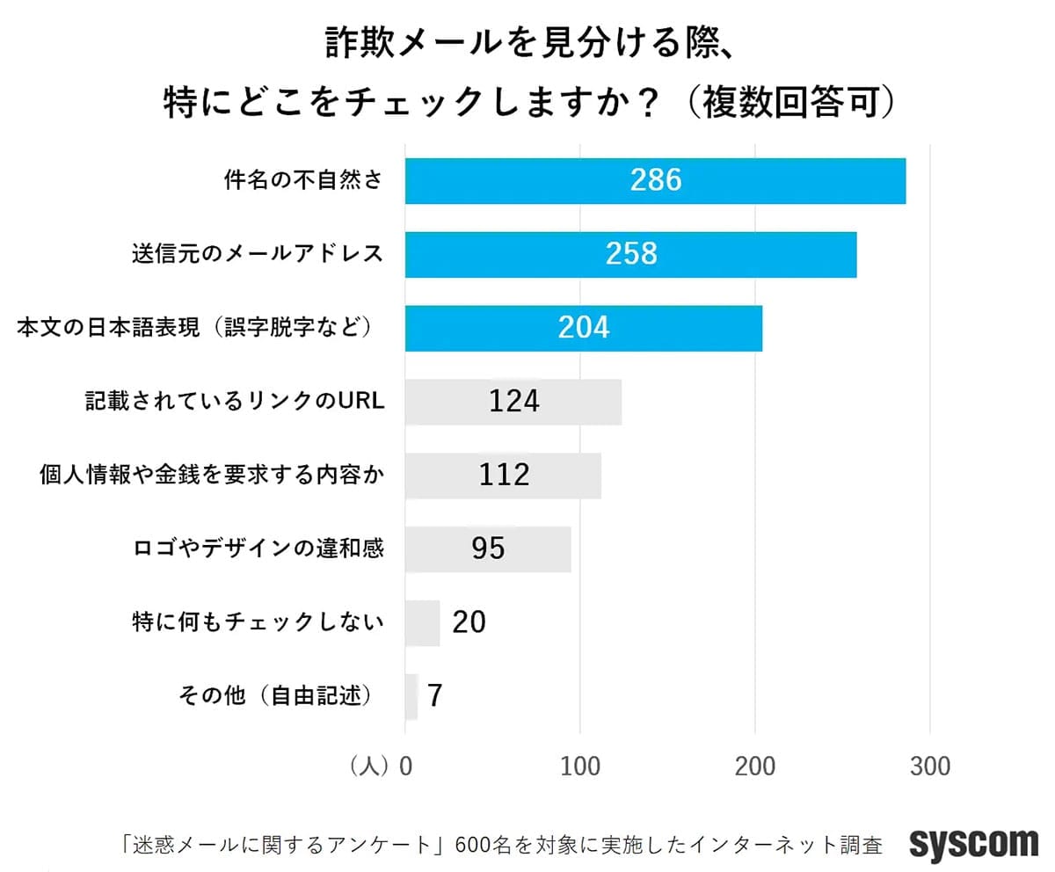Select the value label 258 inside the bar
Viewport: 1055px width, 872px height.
coord(631,254)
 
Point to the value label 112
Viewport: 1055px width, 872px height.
coord(505,475)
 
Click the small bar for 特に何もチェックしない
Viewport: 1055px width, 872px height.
coord(423,623)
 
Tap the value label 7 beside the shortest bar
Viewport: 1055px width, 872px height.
coord(434,696)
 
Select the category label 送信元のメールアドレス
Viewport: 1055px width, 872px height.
coord(257,254)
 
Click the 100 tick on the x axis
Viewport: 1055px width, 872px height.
coord(581,766)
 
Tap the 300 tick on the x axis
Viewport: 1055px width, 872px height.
coord(930,766)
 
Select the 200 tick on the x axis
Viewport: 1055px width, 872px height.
coord(756,766)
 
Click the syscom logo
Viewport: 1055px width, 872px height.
coord(973,844)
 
